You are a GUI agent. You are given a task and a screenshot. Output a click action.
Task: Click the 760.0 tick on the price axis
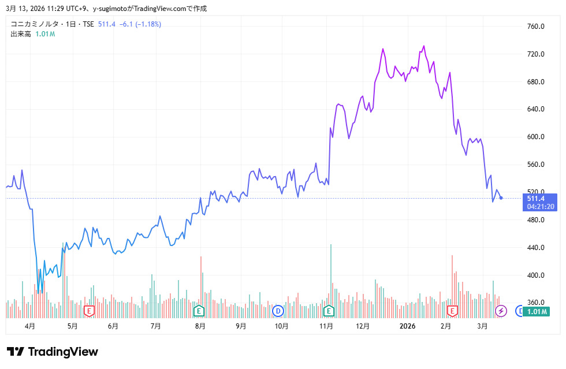click(536, 27)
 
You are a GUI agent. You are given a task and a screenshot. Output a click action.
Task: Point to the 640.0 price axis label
click(536, 109)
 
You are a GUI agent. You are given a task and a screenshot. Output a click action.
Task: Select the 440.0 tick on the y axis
click(536, 248)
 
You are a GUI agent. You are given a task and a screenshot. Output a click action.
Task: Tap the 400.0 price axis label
click(536, 275)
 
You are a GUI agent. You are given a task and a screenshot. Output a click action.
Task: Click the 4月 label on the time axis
click(30, 326)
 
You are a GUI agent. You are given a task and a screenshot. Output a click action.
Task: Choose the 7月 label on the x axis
click(155, 326)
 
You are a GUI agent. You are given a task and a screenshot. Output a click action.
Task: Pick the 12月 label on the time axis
click(363, 326)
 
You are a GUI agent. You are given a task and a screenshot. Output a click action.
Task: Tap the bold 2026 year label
click(408, 326)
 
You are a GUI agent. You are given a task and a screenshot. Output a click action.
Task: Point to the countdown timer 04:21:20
click(541, 207)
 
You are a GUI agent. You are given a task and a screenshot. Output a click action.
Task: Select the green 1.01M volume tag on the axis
click(538, 312)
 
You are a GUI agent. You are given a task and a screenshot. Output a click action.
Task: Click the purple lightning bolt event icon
click(501, 311)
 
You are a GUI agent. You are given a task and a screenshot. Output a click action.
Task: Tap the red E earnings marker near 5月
click(89, 311)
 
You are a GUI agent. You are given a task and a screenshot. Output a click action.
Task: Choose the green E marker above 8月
click(199, 311)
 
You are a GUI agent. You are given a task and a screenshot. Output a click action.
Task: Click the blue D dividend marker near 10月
click(278, 311)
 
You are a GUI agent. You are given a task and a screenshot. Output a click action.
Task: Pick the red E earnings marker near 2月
click(452, 311)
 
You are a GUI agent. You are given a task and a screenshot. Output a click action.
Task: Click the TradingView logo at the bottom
click(53, 352)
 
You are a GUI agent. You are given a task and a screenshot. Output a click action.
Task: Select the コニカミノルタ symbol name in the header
click(33, 24)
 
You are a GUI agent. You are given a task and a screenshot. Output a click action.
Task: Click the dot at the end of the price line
click(501, 198)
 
